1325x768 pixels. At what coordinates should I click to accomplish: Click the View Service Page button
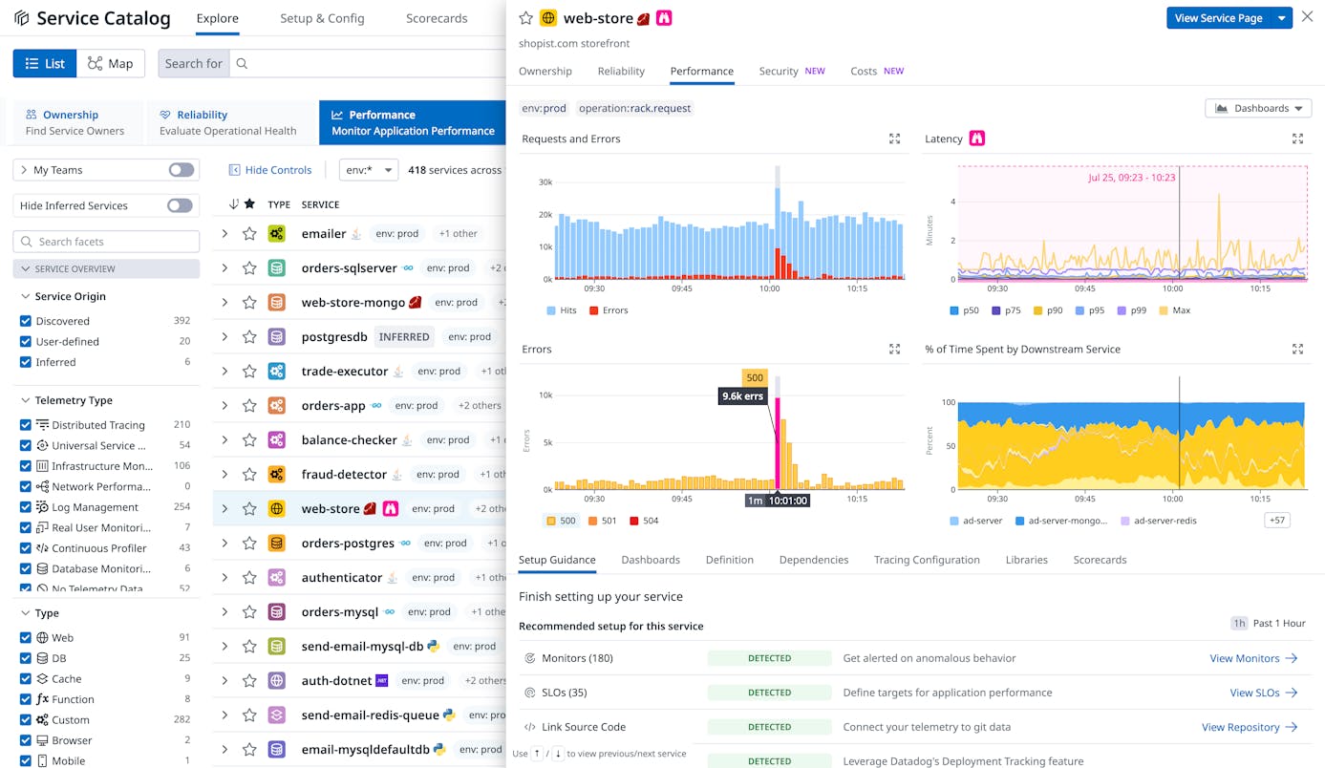(x=1218, y=18)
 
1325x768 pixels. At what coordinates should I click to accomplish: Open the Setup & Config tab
(x=322, y=18)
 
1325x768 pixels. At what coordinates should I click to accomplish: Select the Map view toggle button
(x=111, y=63)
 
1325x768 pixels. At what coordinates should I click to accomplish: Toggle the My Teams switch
(x=181, y=170)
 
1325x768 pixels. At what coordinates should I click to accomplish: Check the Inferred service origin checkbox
(x=26, y=362)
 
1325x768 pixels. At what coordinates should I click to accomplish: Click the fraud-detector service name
(x=344, y=474)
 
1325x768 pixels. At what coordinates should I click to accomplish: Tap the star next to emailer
(x=249, y=233)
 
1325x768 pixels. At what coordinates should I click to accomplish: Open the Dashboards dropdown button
(x=1258, y=108)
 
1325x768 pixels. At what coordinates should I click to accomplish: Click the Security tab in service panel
(x=779, y=71)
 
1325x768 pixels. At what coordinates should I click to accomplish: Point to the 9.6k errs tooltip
(x=743, y=395)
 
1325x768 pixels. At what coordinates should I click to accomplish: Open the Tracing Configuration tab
(x=926, y=560)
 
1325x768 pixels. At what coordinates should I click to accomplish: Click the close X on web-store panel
(x=1307, y=17)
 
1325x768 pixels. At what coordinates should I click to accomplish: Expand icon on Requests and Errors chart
(x=894, y=139)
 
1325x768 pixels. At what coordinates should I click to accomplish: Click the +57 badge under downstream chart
(x=1277, y=520)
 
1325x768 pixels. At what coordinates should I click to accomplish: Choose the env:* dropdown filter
(x=368, y=170)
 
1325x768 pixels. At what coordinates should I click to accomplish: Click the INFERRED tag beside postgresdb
(x=404, y=336)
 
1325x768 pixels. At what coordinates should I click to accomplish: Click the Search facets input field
(x=106, y=242)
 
